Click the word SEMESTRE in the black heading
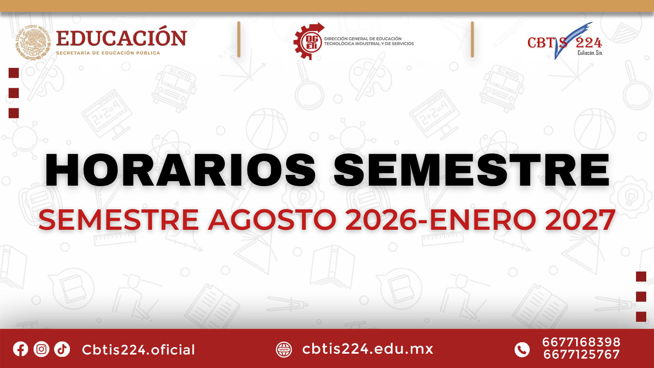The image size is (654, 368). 472,170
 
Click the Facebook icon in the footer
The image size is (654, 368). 20,349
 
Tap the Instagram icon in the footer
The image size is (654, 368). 41,349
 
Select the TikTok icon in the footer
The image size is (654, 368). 62,349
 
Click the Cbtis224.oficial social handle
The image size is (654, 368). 139,350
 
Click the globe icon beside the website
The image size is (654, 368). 284,350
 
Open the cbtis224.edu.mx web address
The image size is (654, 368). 367,349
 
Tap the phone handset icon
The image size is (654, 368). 522,350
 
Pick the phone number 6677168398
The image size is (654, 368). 581,342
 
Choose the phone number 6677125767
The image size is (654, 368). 581,355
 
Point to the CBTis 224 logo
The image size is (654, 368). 564,41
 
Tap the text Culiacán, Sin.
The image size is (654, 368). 590,53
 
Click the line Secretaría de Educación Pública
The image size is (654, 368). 108,53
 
